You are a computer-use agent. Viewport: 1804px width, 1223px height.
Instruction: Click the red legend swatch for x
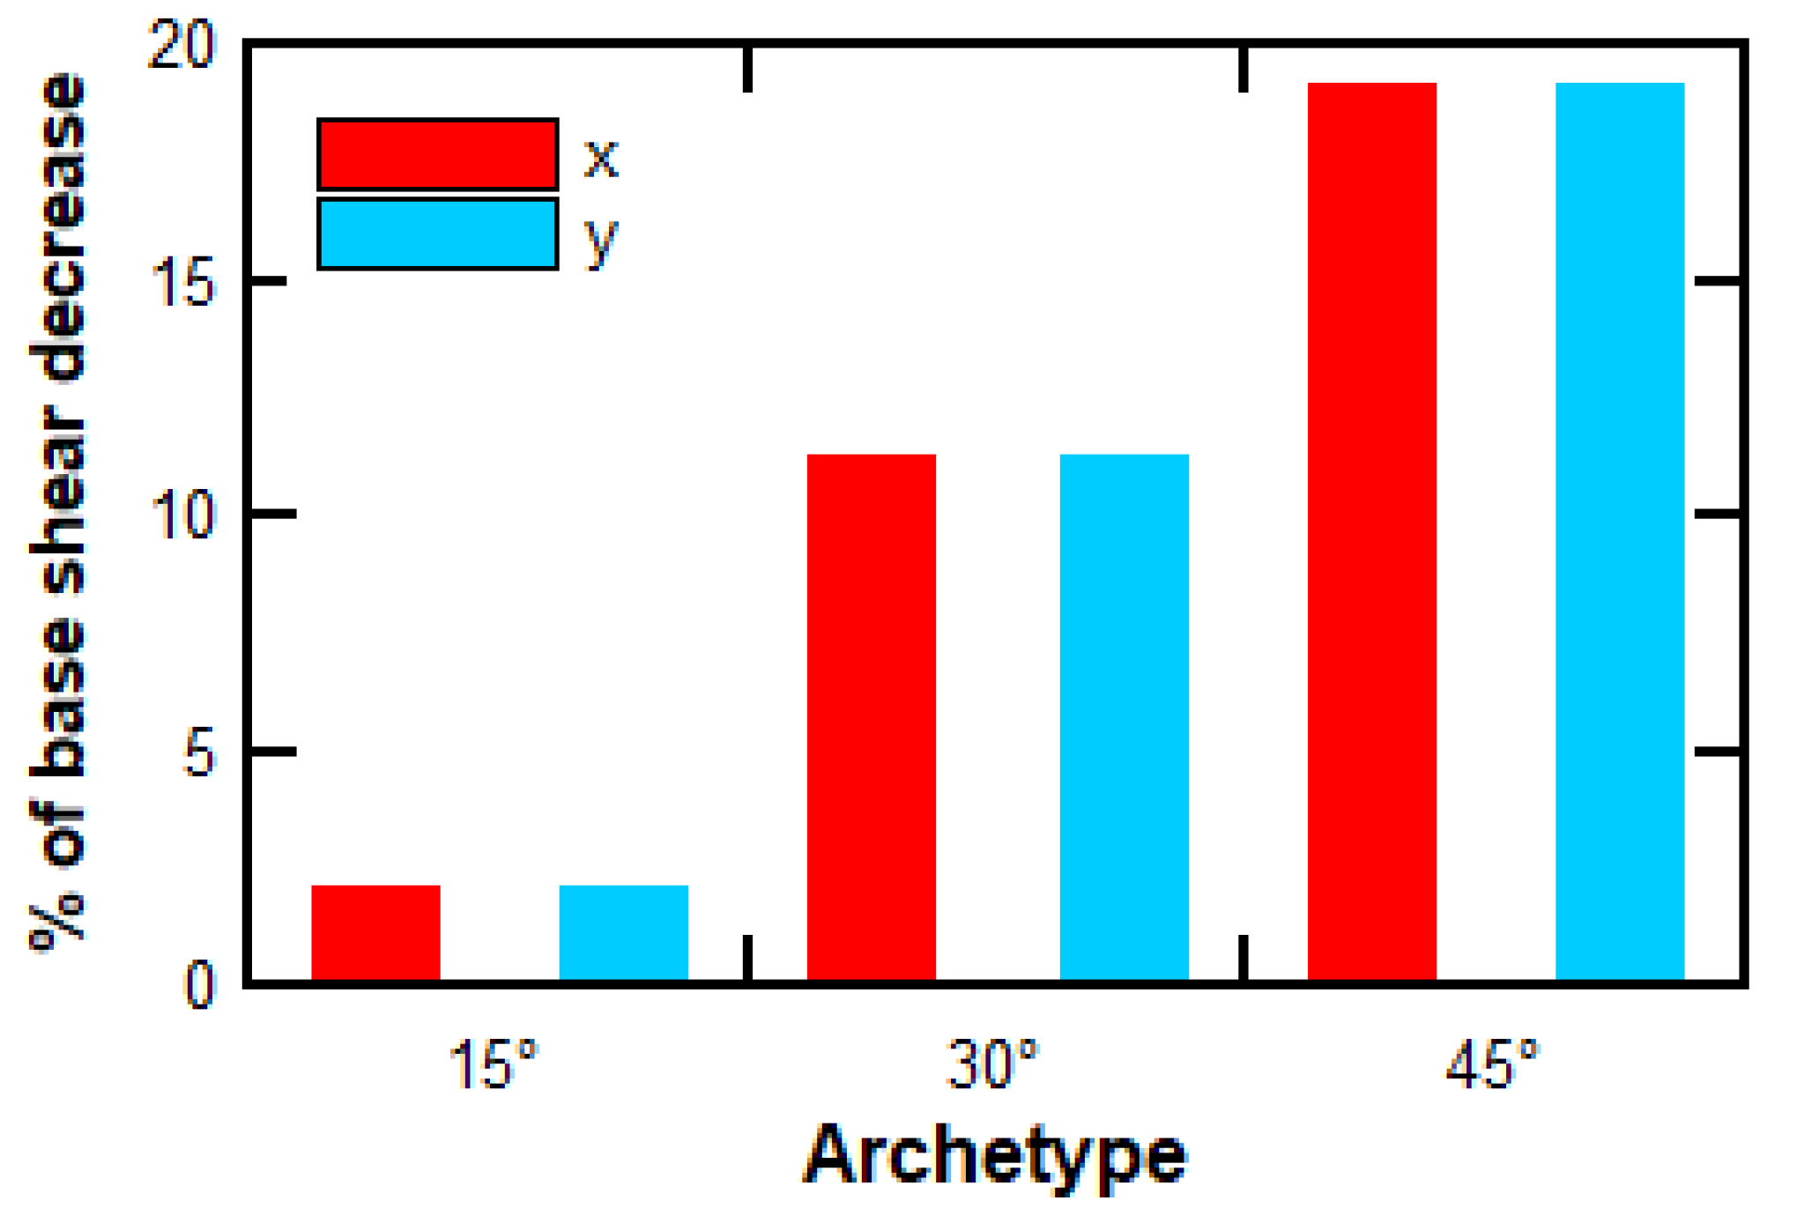(x=437, y=154)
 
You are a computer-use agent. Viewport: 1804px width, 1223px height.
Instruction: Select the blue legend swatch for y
(x=437, y=233)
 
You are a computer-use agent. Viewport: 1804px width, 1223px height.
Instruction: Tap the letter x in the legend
(x=601, y=159)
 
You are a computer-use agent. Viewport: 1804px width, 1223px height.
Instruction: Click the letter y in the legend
(x=601, y=240)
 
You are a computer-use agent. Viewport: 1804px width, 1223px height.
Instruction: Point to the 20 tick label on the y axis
(x=182, y=44)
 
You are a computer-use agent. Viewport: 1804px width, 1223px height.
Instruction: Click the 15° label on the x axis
(x=493, y=1065)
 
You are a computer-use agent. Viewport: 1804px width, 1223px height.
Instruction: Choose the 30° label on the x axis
(x=992, y=1065)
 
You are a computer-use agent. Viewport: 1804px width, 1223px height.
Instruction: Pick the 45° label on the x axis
(x=1492, y=1065)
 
